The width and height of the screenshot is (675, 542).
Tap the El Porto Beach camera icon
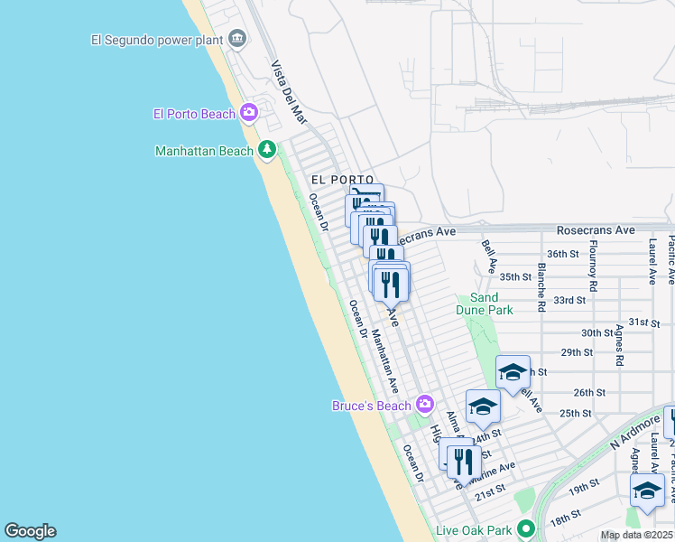(x=249, y=114)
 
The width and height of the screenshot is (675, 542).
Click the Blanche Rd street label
(x=541, y=287)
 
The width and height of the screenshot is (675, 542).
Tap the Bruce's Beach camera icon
(x=424, y=405)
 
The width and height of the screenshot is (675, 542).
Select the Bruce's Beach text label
(x=372, y=406)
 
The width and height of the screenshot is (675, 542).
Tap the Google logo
(x=30, y=531)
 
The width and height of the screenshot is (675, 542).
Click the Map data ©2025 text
(x=637, y=535)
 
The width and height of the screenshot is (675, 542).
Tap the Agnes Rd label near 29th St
(x=619, y=345)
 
